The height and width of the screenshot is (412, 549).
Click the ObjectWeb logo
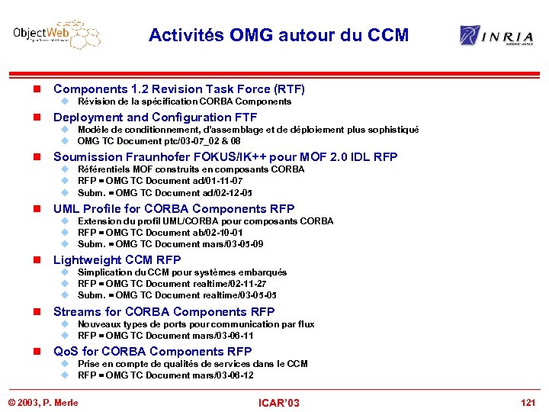coord(56,35)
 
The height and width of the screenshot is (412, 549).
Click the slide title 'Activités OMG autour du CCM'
coord(278,35)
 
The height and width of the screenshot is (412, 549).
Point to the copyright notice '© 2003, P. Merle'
coord(43,402)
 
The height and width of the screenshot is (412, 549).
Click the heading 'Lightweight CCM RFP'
coord(117,260)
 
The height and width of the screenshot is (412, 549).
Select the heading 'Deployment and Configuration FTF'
coord(155,117)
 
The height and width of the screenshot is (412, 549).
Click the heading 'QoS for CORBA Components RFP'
coord(152,352)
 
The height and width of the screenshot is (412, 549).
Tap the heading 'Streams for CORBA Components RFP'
coord(163,311)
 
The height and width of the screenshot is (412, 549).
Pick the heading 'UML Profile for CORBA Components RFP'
coord(173,209)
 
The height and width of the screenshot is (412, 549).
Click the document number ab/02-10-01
coord(218,233)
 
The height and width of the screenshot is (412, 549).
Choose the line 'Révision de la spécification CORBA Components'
coord(184,101)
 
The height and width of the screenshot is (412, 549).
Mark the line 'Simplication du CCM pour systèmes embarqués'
coord(182,272)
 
